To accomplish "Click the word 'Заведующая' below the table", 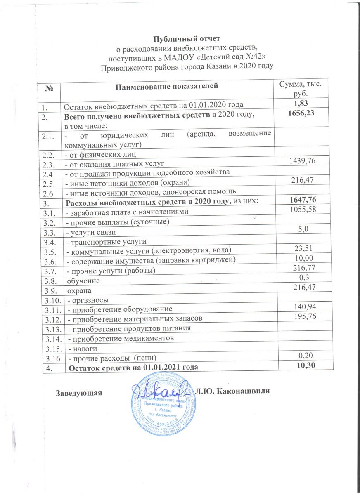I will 79,391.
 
